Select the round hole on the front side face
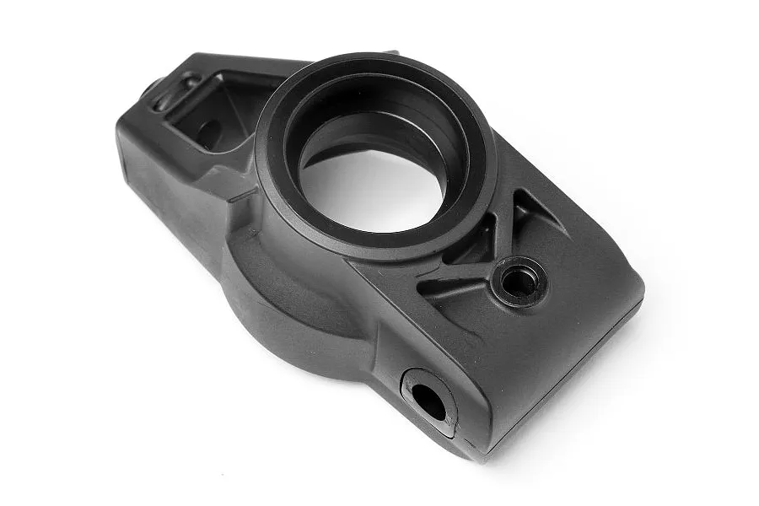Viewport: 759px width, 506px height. point(428,400)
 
